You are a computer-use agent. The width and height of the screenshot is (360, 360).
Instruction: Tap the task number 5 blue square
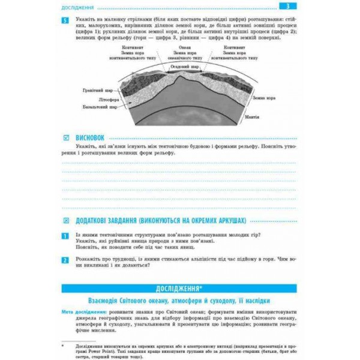(65, 20)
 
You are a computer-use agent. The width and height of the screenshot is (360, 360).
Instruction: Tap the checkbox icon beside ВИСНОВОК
(65, 137)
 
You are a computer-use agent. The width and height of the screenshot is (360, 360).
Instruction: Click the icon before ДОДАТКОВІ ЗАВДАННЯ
(65, 220)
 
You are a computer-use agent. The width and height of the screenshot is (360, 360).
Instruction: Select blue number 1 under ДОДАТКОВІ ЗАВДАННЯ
(65, 235)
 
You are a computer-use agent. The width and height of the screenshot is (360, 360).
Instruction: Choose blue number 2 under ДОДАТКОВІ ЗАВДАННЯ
(65, 260)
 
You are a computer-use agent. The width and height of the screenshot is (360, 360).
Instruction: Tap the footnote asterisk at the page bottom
(62, 346)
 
